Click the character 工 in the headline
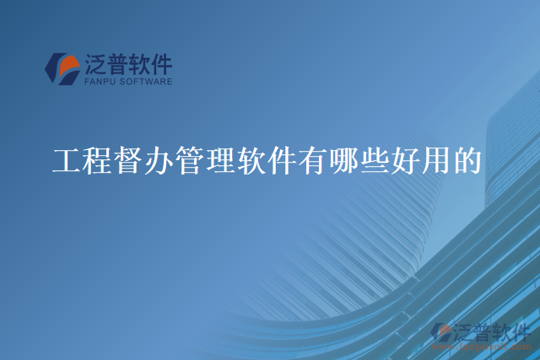click(66, 160)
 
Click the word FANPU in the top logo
click(101, 83)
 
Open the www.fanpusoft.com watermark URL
click(478, 346)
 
